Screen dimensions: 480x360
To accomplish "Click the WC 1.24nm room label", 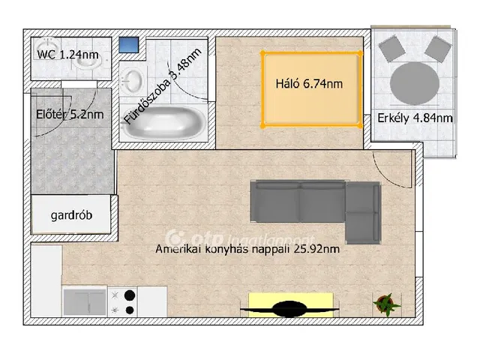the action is tap(67, 55).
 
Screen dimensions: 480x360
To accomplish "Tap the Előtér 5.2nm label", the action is tap(70, 115).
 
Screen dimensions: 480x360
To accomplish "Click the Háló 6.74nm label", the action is tap(309, 83).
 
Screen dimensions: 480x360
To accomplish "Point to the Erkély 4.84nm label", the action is tap(415, 118).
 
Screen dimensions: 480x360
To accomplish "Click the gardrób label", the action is tap(71, 215).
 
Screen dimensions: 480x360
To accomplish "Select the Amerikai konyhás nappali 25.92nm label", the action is tap(247, 249).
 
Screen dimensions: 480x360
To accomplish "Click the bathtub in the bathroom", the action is tap(163, 123).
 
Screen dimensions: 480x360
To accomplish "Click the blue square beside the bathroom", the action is tap(129, 45).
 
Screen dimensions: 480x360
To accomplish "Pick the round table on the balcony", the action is tap(415, 83).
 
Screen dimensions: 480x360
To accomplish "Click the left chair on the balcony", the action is tap(392, 48).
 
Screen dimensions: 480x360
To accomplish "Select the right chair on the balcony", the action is tap(438, 48).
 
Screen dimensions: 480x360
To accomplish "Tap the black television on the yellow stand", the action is tap(289, 309).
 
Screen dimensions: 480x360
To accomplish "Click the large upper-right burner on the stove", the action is tap(130, 295).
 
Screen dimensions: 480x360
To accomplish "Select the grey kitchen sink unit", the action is tap(85, 302).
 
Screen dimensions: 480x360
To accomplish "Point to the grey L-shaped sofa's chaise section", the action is tap(363, 212).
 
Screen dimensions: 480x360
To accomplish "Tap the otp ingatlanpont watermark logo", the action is tap(240, 238).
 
